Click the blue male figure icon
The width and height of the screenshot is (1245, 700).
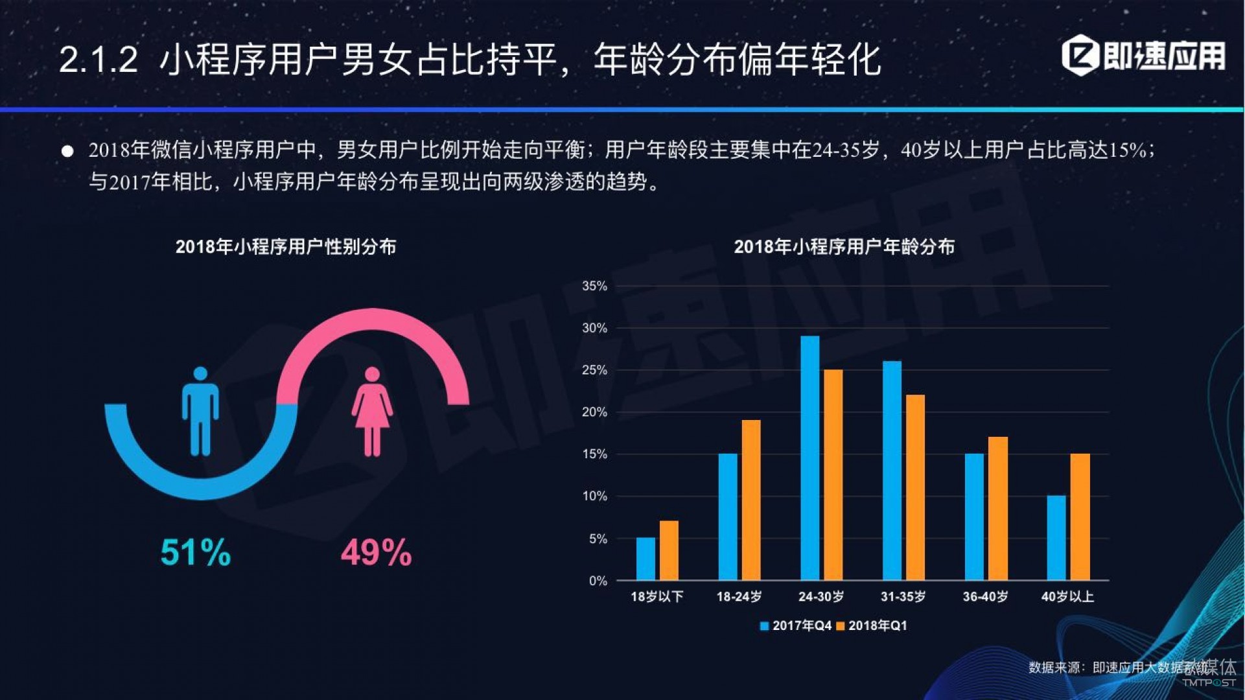click(200, 412)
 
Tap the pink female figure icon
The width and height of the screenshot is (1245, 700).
click(372, 412)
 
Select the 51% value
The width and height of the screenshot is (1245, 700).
click(195, 553)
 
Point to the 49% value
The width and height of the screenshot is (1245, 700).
click(376, 553)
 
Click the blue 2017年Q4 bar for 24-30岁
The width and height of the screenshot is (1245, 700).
click(809, 458)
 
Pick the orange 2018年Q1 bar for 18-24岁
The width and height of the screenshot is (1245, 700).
click(751, 500)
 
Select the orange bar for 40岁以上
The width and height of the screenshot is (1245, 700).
click(1080, 517)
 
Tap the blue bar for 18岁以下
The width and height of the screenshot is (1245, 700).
click(646, 559)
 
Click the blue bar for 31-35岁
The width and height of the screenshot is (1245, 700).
click(892, 471)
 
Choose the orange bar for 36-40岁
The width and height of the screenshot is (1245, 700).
click(998, 508)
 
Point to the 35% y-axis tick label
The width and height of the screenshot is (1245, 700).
click(594, 286)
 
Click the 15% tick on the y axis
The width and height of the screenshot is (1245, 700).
click(594, 454)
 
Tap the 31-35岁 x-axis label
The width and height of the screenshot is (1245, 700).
click(903, 596)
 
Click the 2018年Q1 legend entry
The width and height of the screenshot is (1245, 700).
click(872, 625)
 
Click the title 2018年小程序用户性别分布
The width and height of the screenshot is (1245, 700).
click(286, 247)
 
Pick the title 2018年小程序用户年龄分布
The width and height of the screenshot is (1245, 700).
click(844, 247)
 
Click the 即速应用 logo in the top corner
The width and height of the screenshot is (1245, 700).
click(1144, 56)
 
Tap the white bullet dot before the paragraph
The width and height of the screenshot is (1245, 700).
click(67, 151)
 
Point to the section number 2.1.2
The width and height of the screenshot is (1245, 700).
click(99, 60)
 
